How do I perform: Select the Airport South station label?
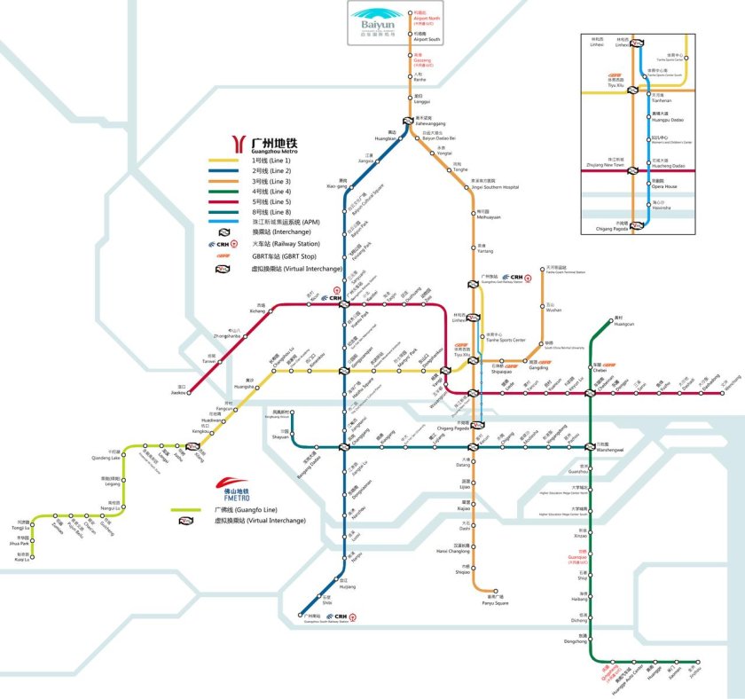coord(427,37)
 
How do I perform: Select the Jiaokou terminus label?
coord(180,390)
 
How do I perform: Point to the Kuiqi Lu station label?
coord(21,557)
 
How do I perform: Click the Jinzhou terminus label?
coord(694,671)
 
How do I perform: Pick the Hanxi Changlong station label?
coord(452,550)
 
